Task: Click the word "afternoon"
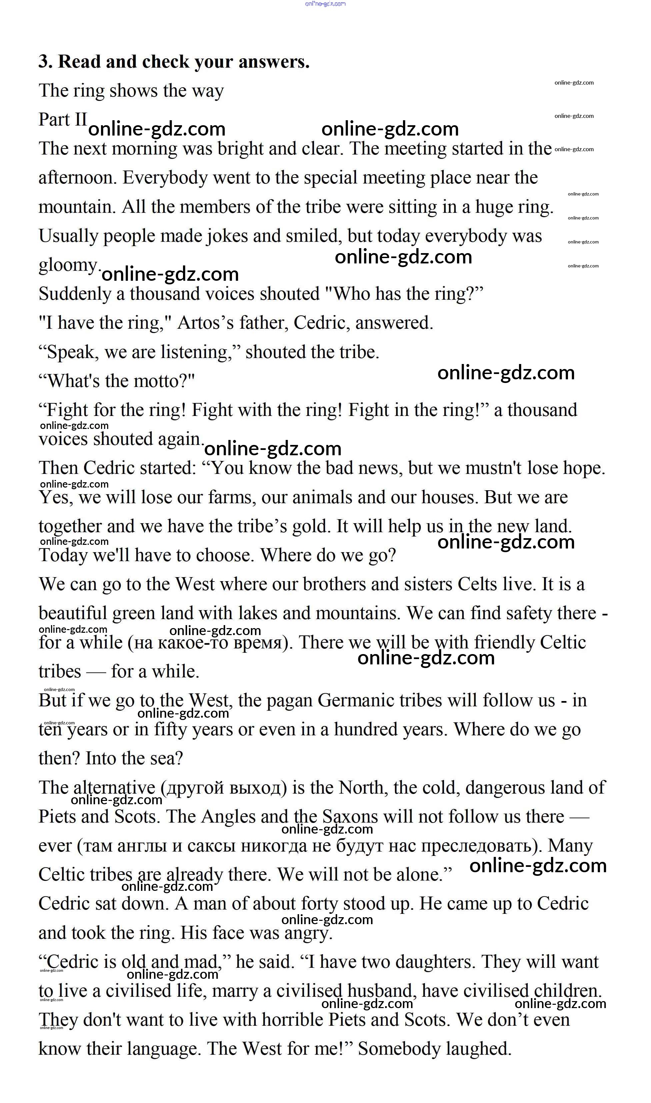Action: coord(77,178)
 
